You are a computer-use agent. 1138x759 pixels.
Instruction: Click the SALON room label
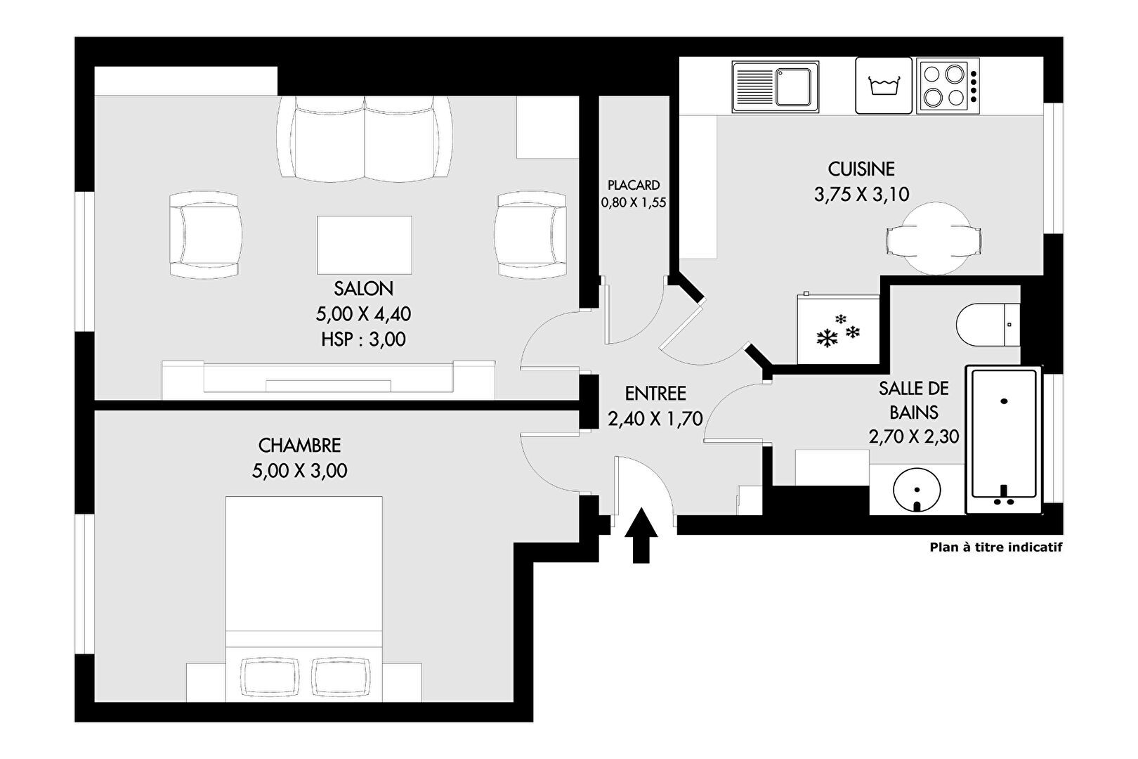(x=363, y=289)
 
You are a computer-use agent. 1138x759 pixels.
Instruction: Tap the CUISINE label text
(x=861, y=169)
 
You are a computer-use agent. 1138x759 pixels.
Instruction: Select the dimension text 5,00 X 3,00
(x=300, y=471)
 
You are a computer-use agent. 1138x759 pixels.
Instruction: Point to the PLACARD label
(x=634, y=185)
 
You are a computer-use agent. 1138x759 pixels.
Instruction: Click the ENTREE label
(x=655, y=394)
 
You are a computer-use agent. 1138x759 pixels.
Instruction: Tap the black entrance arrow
(x=641, y=535)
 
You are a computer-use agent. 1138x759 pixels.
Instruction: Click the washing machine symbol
(x=884, y=86)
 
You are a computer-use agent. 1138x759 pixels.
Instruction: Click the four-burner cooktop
(x=948, y=86)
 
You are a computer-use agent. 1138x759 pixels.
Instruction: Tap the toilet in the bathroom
(x=988, y=325)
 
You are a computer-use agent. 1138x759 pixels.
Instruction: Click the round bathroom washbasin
(x=917, y=491)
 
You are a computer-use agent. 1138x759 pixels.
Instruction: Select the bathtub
(x=1003, y=439)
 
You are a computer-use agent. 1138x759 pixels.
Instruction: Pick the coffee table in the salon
(x=365, y=245)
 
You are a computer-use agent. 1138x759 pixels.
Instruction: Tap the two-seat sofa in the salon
(x=365, y=138)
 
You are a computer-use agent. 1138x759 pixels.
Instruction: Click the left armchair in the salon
(x=204, y=235)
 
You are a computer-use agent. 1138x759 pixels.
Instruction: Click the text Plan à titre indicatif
(x=996, y=547)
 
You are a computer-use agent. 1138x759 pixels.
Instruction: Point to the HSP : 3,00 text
(x=363, y=339)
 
